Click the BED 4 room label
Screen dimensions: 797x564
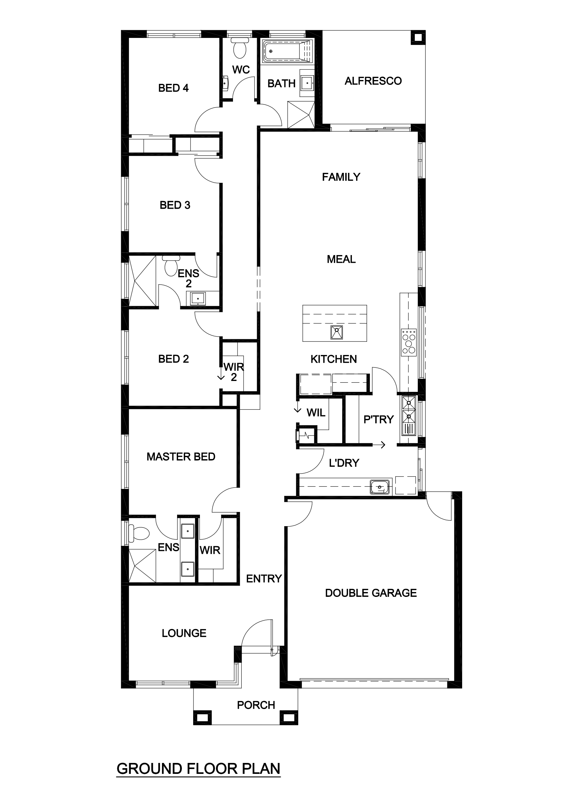pyautogui.click(x=173, y=88)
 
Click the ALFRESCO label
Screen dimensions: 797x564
pyautogui.click(x=373, y=81)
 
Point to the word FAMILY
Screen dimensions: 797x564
pyautogui.click(x=341, y=177)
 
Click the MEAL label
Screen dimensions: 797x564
pyautogui.click(x=341, y=259)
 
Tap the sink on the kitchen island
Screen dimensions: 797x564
pyautogui.click(x=336, y=332)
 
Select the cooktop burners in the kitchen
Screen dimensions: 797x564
pyautogui.click(x=409, y=342)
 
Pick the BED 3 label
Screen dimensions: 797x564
pyautogui.click(x=175, y=205)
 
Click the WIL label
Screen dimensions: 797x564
pyautogui.click(x=316, y=413)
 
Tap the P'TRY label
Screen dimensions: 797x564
pyautogui.click(x=378, y=419)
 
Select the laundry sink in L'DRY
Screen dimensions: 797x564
pyautogui.click(x=380, y=487)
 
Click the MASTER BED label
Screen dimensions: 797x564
pyautogui.click(x=181, y=456)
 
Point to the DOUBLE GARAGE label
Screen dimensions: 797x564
pyautogui.click(x=371, y=593)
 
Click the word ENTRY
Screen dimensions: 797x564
pyautogui.click(x=264, y=579)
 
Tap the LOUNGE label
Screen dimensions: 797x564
pyautogui.click(x=184, y=633)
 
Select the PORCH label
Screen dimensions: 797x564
pyautogui.click(x=256, y=705)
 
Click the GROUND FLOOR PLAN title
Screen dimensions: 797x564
pyautogui.click(x=198, y=769)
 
